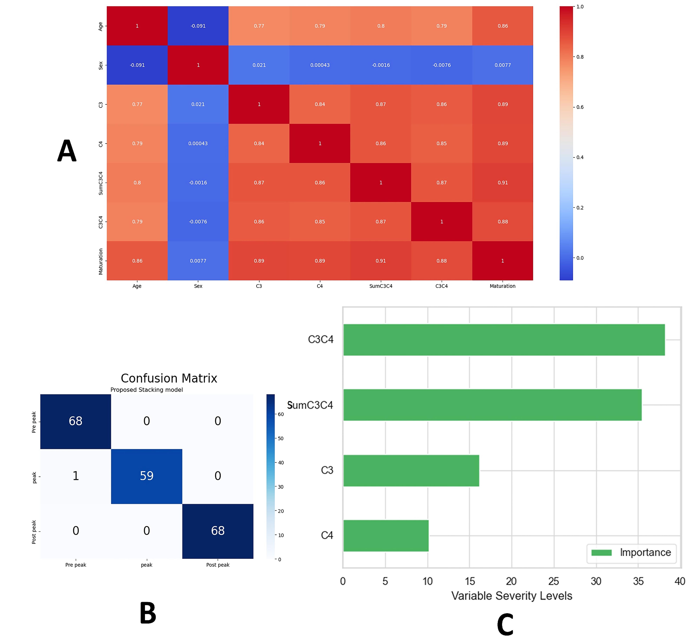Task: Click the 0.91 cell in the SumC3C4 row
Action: (502, 182)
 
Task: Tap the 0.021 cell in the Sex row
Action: (259, 65)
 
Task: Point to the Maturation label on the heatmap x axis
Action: (502, 286)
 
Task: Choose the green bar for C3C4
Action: (504, 340)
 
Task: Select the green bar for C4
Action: (386, 536)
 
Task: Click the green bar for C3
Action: (411, 471)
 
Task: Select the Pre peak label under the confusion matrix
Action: (76, 565)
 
